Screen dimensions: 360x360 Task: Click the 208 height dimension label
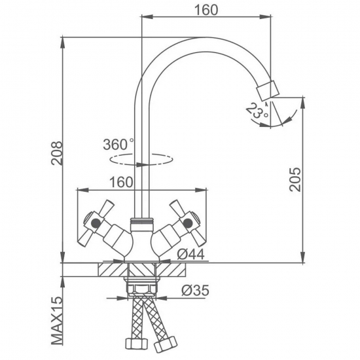(56, 153)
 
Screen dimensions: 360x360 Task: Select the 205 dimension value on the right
(295, 179)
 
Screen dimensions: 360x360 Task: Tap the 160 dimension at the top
(206, 10)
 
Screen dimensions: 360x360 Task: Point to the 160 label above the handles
(121, 182)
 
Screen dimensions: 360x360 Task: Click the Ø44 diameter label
(190, 255)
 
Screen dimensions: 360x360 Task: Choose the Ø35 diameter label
(196, 290)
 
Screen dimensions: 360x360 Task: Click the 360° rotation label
(118, 144)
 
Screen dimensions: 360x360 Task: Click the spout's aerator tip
(268, 90)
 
